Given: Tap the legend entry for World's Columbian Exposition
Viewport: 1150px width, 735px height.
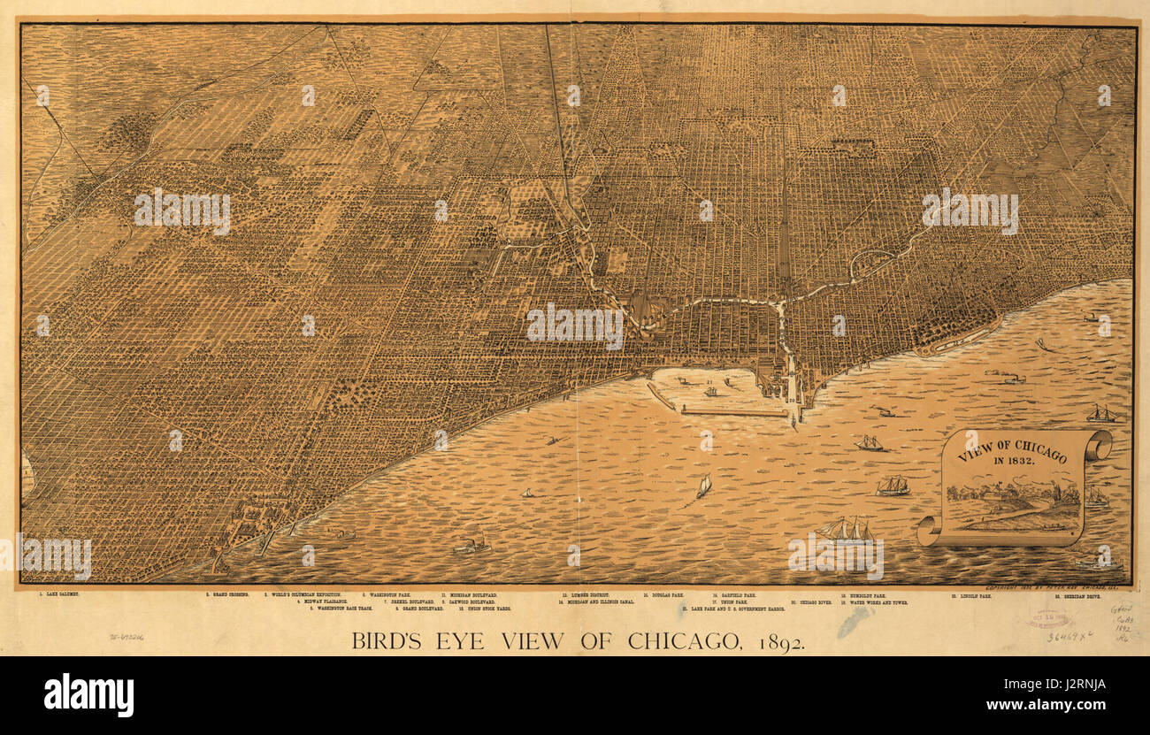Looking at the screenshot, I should [x=306, y=594].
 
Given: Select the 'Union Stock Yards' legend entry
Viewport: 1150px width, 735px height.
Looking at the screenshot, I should [x=484, y=609].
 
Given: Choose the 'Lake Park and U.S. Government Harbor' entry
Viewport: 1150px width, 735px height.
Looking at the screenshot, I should [x=733, y=609].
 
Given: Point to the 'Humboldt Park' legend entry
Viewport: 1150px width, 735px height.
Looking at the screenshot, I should [x=862, y=595].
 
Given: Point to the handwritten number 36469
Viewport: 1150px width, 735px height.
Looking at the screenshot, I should [x=1068, y=635].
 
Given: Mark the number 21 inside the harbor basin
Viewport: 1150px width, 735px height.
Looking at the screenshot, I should [x=725, y=383].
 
